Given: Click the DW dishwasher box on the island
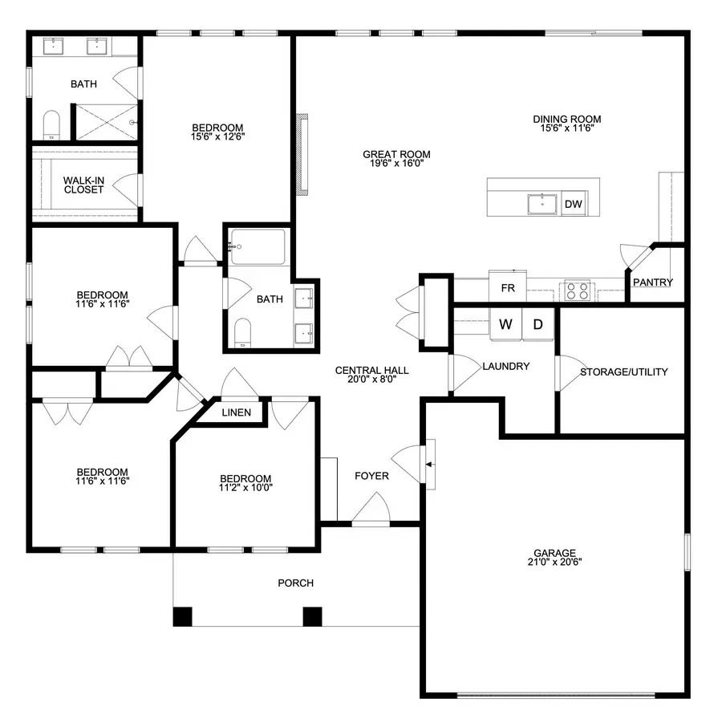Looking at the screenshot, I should tap(573, 205).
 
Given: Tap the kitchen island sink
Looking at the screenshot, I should tap(543, 205).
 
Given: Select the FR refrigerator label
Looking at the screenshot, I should tap(507, 287).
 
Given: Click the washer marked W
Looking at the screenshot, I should tap(505, 324).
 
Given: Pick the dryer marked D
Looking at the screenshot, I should tap(538, 324).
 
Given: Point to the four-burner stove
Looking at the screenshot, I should tap(578, 290).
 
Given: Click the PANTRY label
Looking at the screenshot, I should tap(652, 282).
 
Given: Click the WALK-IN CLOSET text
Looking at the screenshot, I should tap(83, 185).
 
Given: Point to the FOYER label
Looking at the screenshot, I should tap(371, 476).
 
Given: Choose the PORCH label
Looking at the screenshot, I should tap(295, 583).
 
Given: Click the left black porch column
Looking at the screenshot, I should tap(183, 616).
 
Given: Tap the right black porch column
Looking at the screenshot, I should tap(312, 616).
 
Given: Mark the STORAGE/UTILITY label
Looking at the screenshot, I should tap(623, 372).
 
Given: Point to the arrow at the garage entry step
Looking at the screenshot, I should tap(429, 464).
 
